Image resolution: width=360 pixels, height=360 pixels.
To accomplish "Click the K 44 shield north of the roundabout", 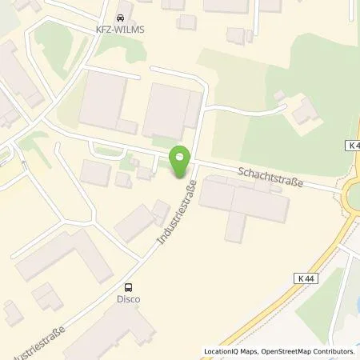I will pos(353,146).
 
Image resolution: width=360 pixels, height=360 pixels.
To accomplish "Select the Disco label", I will pos(128,300).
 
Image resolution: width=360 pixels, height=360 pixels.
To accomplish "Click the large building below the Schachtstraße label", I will pos(244,204).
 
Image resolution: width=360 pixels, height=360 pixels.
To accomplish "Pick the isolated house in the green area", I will pos(304,112).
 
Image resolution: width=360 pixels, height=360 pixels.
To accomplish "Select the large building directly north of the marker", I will pos(170,111).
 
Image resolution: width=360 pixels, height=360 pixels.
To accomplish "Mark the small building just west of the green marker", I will pos(145,172).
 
